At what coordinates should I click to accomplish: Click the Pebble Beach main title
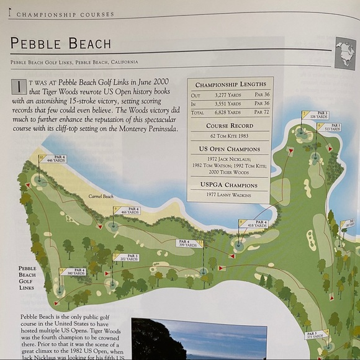point(61,43)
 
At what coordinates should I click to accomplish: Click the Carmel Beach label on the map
point(101,196)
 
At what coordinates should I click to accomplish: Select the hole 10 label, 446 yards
point(54,160)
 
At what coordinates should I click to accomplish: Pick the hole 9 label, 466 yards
point(128,211)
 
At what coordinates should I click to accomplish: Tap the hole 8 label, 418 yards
point(256,223)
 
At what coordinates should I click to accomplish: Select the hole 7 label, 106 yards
point(318,115)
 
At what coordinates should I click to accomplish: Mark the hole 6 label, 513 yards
point(331,127)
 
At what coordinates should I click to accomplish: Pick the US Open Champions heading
point(230,149)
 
